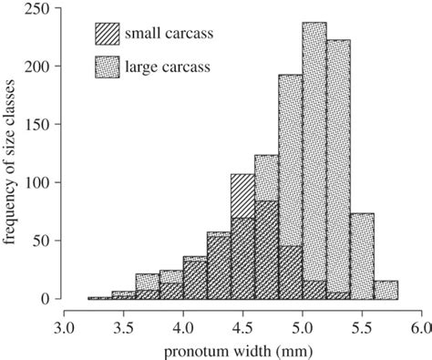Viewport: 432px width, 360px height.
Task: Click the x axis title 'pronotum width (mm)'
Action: (242, 349)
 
